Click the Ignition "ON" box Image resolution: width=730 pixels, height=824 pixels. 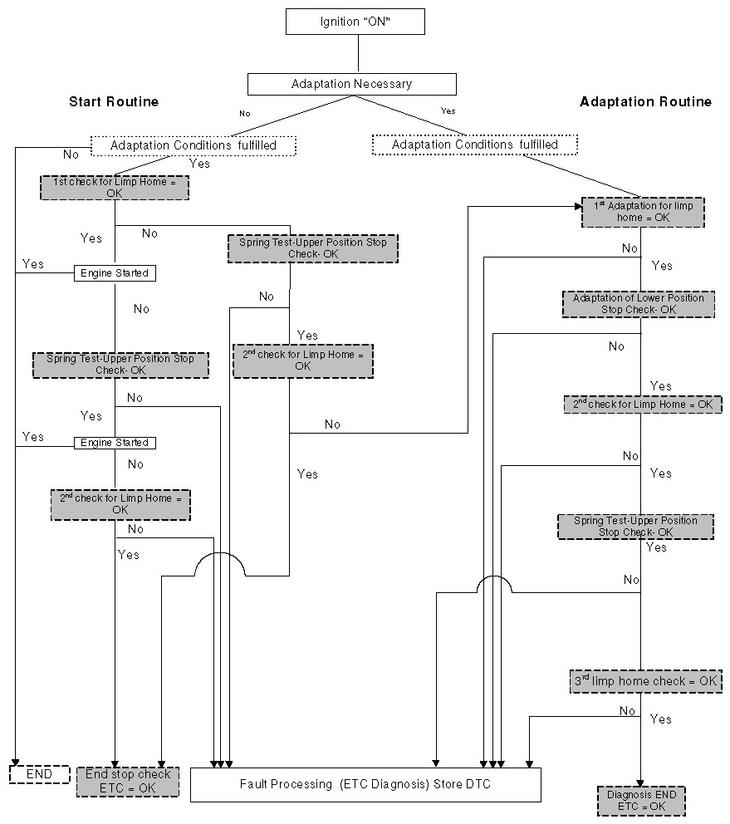click(x=355, y=21)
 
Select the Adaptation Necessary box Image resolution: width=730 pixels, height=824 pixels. click(x=351, y=84)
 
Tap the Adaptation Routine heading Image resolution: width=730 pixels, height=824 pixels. click(x=645, y=102)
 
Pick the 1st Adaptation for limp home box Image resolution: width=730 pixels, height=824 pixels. click(x=643, y=211)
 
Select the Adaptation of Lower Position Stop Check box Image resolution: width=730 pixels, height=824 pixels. click(x=638, y=303)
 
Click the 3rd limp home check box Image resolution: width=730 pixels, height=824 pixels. click(x=645, y=680)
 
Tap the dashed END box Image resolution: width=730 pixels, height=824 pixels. click(x=39, y=774)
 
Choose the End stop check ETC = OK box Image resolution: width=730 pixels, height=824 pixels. click(x=128, y=780)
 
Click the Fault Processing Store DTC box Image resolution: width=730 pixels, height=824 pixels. click(x=365, y=783)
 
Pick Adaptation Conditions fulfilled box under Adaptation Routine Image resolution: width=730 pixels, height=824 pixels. click(x=474, y=145)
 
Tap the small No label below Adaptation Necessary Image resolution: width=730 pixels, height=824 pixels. click(x=243, y=112)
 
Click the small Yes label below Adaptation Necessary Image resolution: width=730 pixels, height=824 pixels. click(x=448, y=110)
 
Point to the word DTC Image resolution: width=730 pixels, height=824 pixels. click(x=478, y=783)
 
